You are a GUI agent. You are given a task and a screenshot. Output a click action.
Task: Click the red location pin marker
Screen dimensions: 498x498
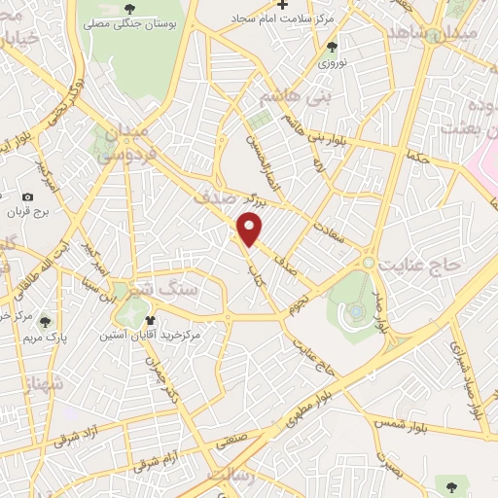tap(251, 230)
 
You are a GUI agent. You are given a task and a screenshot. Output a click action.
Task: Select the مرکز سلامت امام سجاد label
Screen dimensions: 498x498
tap(282, 18)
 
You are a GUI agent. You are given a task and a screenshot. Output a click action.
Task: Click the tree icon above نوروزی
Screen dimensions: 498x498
tap(332, 47)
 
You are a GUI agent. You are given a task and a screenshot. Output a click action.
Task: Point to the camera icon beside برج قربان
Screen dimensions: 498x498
tap(26, 197)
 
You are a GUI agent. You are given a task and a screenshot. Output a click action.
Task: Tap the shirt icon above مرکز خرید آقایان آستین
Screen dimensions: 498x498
tap(149, 319)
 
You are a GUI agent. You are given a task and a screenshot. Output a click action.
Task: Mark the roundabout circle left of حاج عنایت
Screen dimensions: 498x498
tap(369, 263)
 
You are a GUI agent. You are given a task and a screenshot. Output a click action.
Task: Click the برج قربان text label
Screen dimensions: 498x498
tap(26, 212)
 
